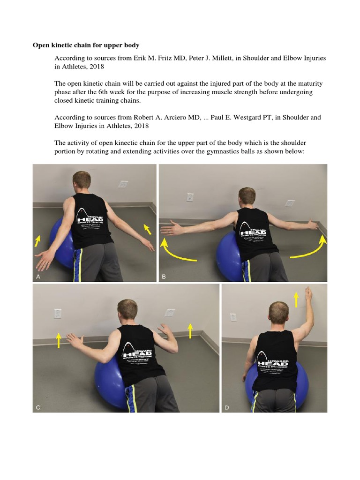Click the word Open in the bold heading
41,45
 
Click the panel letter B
164,277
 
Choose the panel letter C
38,407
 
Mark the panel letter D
227,407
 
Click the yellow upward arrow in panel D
296,299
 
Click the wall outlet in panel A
123,184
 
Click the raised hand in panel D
308,294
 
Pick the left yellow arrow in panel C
58,340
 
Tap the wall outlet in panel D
233,317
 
